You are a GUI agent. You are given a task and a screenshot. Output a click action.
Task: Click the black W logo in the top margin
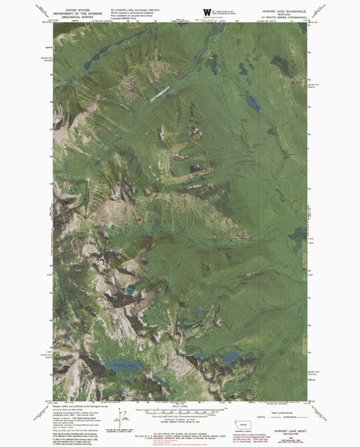(x=196, y=11)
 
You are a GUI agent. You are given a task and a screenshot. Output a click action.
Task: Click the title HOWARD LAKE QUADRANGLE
(x=283, y=10)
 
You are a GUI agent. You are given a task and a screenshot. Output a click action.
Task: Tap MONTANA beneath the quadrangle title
(x=283, y=13)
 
